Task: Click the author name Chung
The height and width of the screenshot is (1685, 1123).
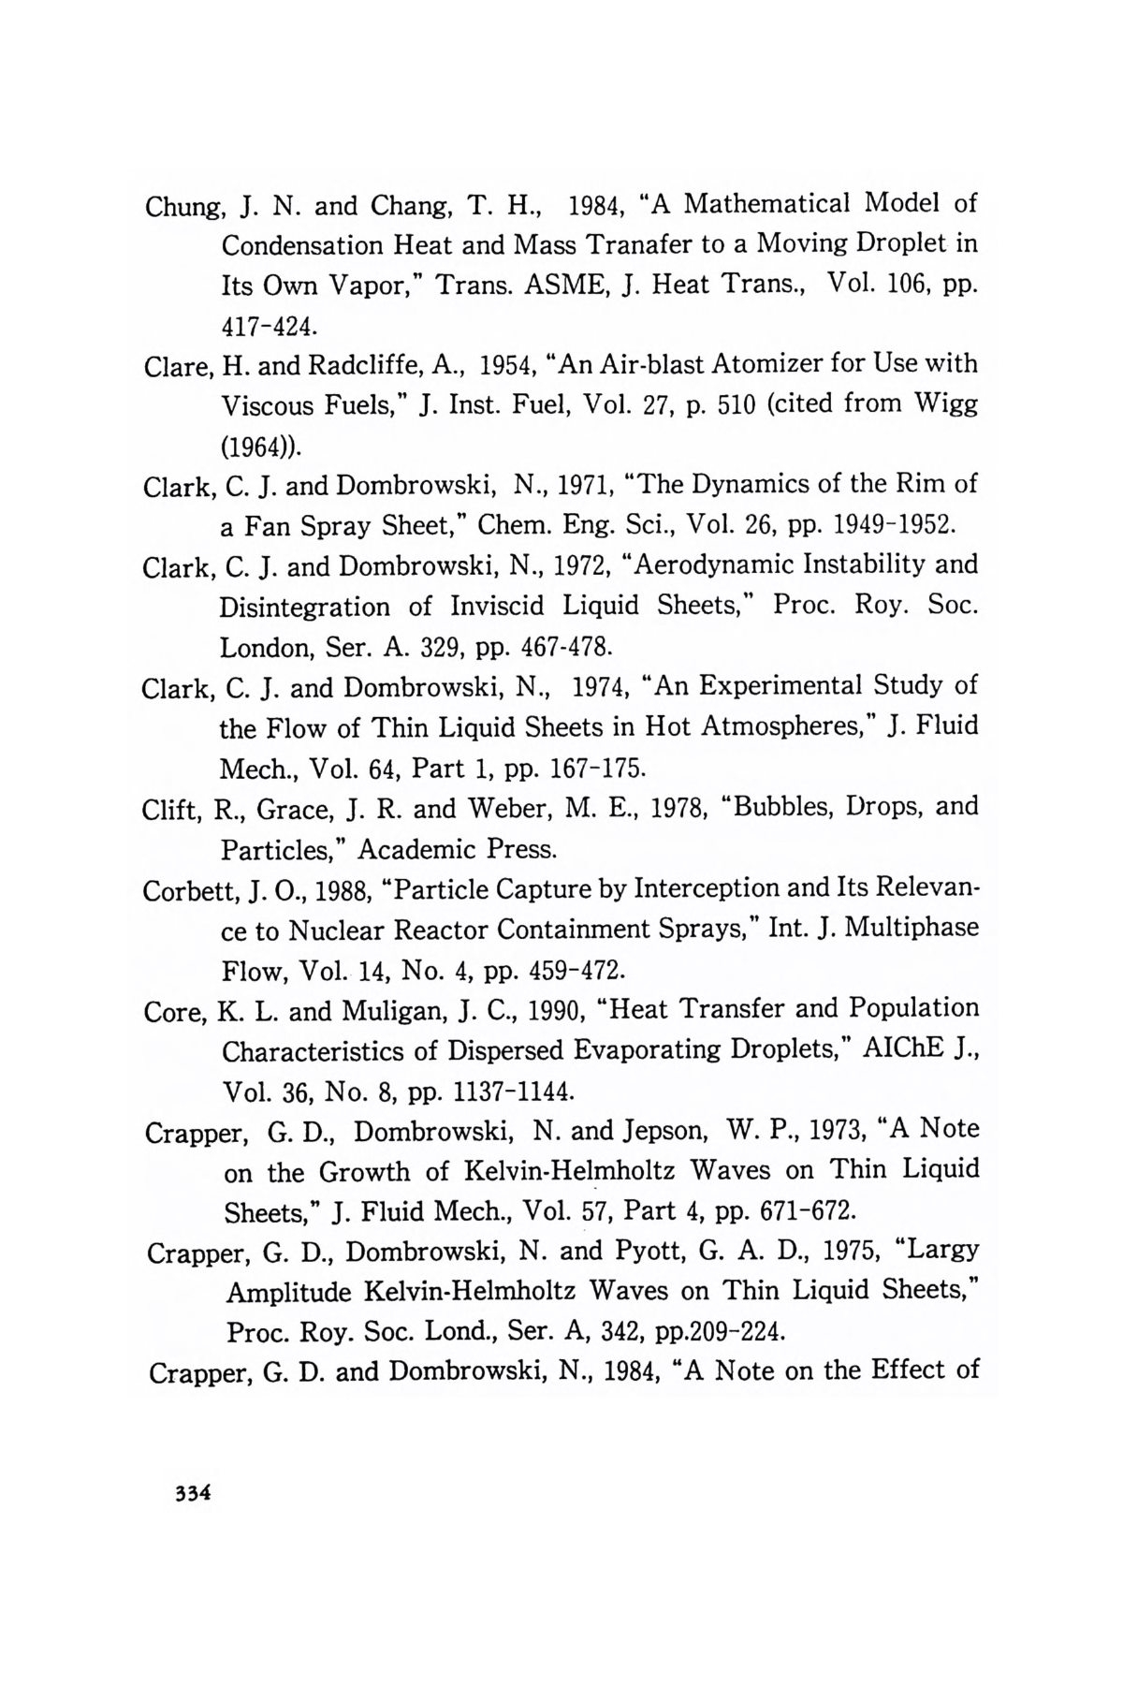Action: [x=179, y=205]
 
